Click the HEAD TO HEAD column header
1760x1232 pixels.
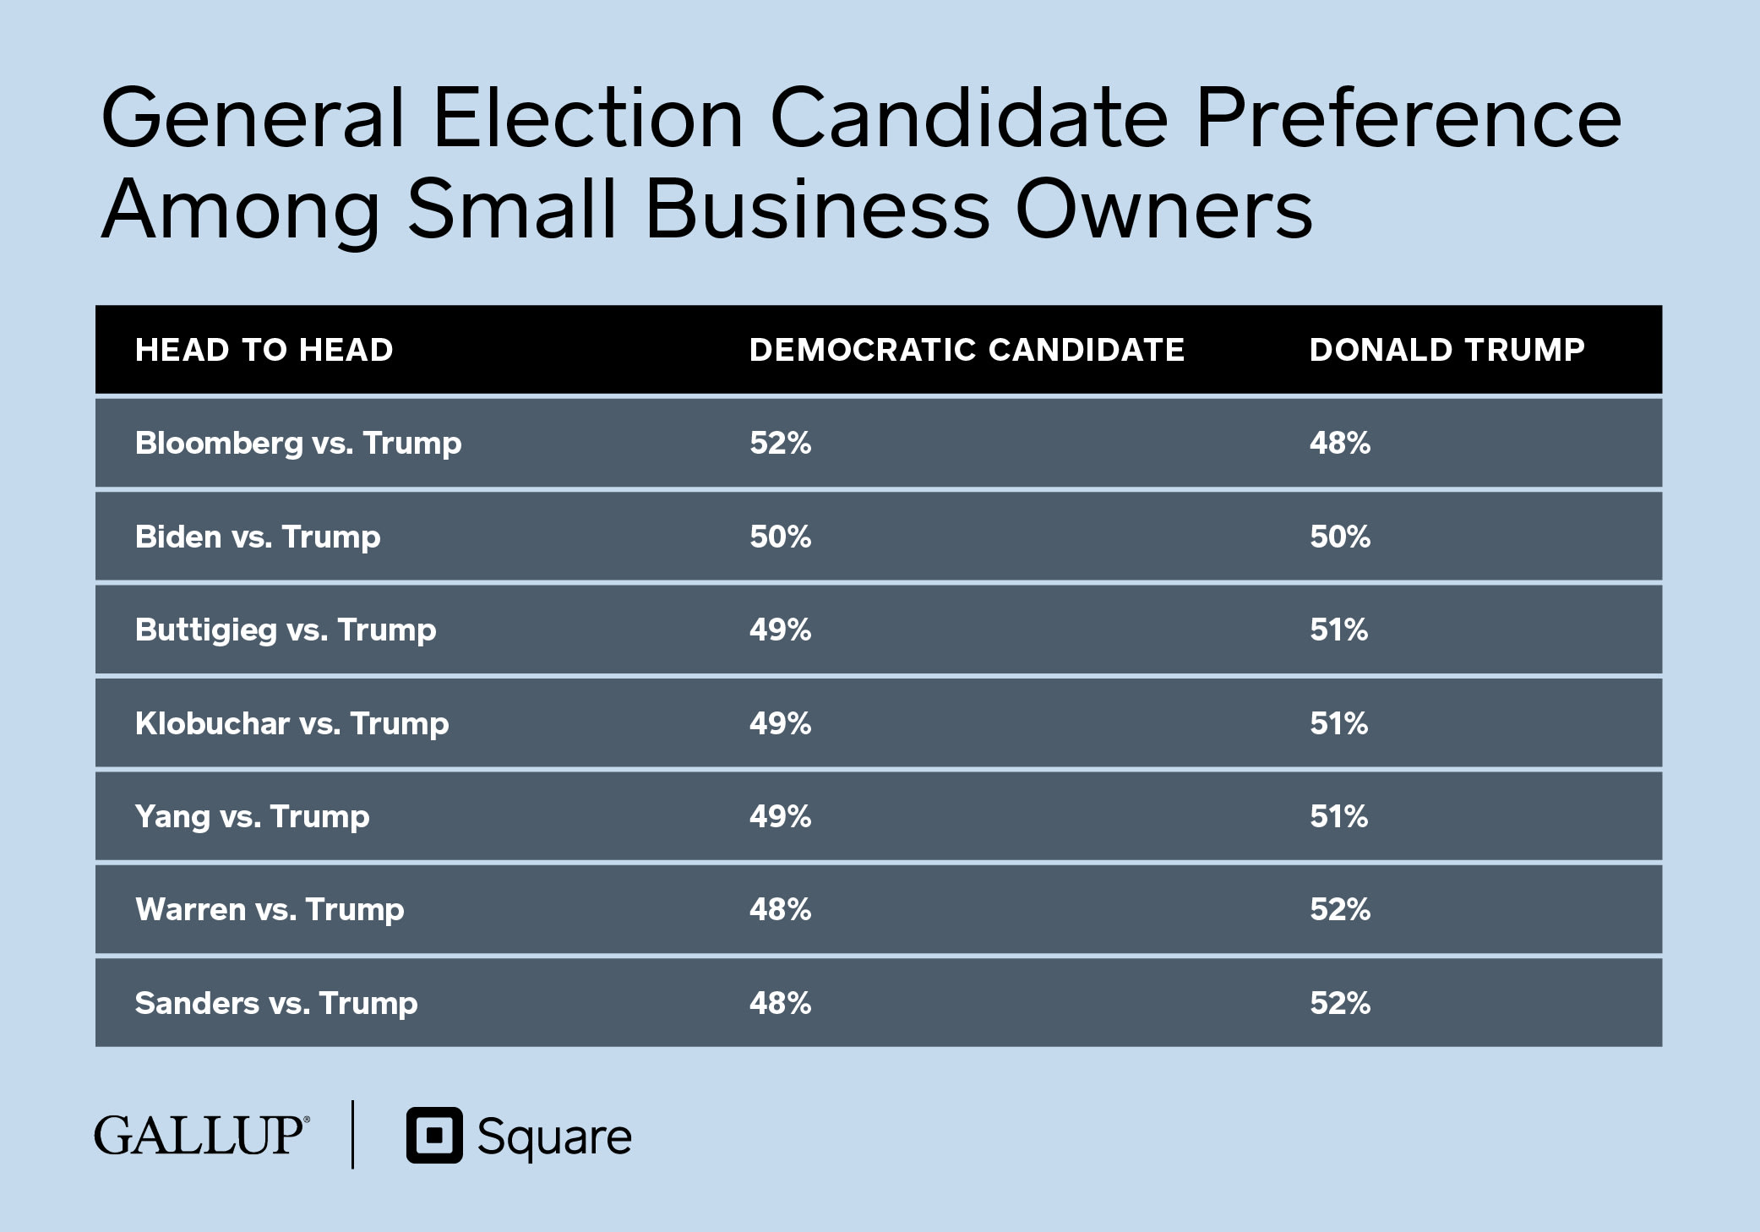[264, 350]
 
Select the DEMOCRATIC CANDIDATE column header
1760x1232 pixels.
[967, 350]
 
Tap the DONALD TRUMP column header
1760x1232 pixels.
[1447, 350]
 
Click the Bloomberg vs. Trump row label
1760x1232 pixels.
[298, 443]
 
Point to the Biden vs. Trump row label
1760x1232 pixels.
[258, 537]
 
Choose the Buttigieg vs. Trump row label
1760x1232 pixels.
[286, 630]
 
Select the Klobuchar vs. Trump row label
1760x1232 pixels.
[292, 723]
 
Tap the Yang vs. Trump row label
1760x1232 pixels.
[252, 816]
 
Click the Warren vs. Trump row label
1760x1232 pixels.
[270, 909]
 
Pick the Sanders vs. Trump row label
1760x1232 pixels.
[276, 1003]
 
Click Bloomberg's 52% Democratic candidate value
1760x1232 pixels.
[780, 443]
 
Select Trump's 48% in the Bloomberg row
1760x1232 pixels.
[1340, 443]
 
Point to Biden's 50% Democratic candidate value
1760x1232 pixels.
[780, 537]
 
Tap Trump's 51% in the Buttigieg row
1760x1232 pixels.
[1338, 630]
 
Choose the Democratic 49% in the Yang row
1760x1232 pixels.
[780, 816]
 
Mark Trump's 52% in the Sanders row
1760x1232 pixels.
[1340, 1003]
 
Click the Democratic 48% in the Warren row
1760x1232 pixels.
[780, 909]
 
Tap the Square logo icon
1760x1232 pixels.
[434, 1135]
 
